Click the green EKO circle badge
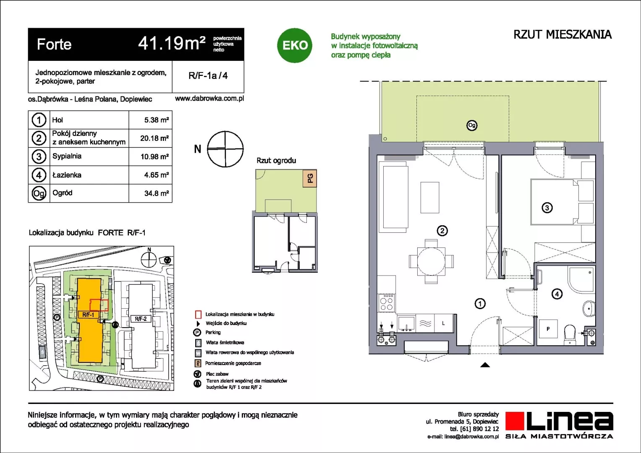[294, 45]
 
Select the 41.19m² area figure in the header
[172, 44]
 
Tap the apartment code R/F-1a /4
[208, 75]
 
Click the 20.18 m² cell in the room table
[154, 138]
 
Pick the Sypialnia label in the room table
[67, 156]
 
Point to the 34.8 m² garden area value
[157, 193]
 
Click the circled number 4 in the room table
[39, 175]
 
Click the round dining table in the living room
[431, 261]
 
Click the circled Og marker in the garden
[471, 125]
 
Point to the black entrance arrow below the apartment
[485, 365]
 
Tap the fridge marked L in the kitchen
[444, 323]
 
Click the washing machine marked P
[548, 329]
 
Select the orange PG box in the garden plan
[310, 178]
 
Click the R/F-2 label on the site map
[141, 319]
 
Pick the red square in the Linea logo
[515, 421]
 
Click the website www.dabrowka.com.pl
[209, 99]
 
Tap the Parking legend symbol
[197, 332]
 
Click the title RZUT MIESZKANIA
[563, 34]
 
